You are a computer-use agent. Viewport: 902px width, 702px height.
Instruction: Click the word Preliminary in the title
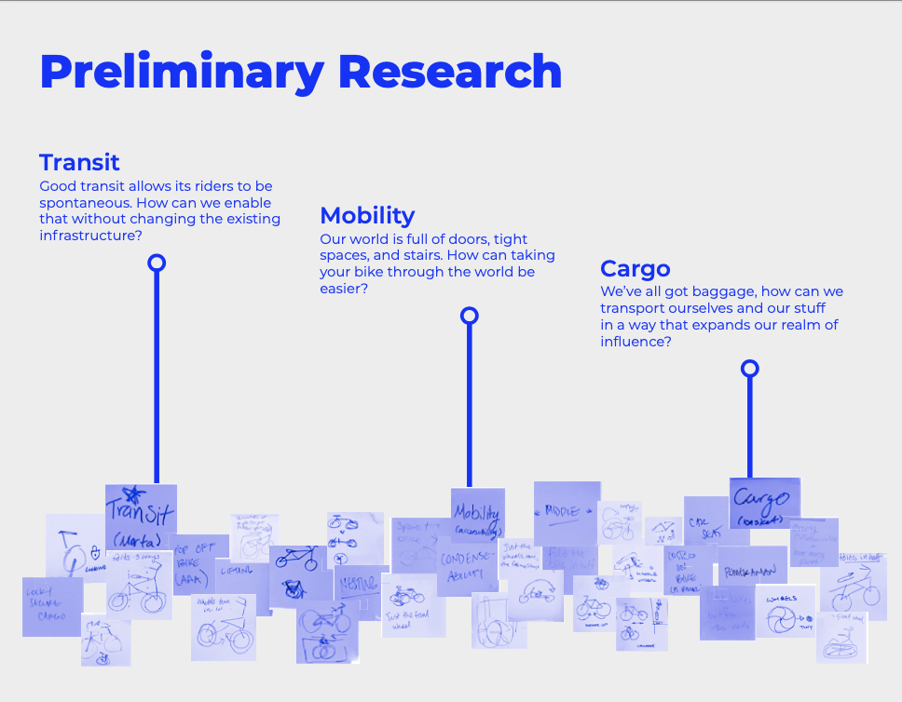[182, 73]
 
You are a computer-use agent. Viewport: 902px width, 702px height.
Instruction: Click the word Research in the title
[450, 71]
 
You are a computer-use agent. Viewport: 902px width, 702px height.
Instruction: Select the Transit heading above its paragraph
[79, 162]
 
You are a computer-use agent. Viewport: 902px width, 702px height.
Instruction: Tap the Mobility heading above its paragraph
[367, 215]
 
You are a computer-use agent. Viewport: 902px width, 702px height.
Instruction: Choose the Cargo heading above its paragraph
[635, 269]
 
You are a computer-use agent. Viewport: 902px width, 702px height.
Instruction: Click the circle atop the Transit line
[157, 263]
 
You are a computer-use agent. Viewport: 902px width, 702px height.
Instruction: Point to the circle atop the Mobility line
[470, 316]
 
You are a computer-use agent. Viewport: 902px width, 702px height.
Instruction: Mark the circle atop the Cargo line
[749, 369]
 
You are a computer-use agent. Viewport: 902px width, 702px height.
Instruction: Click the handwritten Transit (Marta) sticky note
[141, 517]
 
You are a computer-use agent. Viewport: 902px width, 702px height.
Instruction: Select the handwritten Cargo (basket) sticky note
[764, 504]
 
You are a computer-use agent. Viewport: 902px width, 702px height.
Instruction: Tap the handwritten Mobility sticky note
[477, 515]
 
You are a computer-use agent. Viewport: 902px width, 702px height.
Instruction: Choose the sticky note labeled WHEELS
[785, 610]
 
